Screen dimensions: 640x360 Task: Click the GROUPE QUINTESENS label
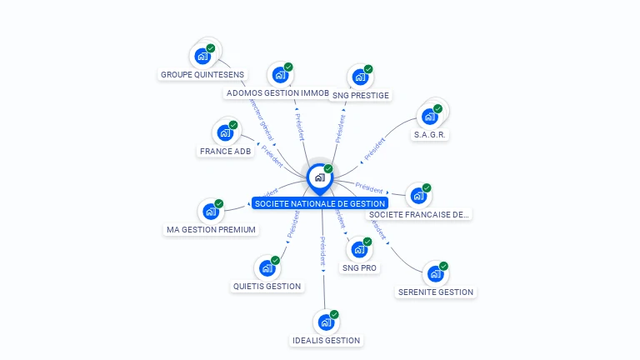pos(202,74)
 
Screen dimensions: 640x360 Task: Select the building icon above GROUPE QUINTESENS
pos(201,57)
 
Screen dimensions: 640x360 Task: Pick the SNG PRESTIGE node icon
pos(359,77)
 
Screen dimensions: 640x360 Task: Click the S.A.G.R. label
pos(430,134)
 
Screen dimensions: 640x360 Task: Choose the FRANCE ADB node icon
pos(224,132)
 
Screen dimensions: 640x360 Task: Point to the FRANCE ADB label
pos(225,151)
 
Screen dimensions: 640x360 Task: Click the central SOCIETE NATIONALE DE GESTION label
pos(320,203)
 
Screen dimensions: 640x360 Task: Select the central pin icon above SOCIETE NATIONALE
pos(319,177)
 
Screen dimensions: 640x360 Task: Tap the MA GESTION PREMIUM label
pos(211,229)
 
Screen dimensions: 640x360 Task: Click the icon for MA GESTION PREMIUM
pos(210,211)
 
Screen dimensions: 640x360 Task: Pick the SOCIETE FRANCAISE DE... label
pos(419,214)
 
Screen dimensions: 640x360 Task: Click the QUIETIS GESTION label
pos(267,286)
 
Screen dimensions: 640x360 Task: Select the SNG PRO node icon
pos(359,249)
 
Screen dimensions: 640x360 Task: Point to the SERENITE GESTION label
pos(435,292)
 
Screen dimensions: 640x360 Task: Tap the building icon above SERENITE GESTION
pos(434,273)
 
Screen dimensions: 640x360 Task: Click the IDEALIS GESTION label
pos(326,340)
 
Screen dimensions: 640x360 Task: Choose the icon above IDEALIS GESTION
pos(325,322)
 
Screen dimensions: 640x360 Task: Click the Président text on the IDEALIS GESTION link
pos(322,252)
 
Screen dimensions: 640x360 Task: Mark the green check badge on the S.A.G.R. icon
pos(437,109)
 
